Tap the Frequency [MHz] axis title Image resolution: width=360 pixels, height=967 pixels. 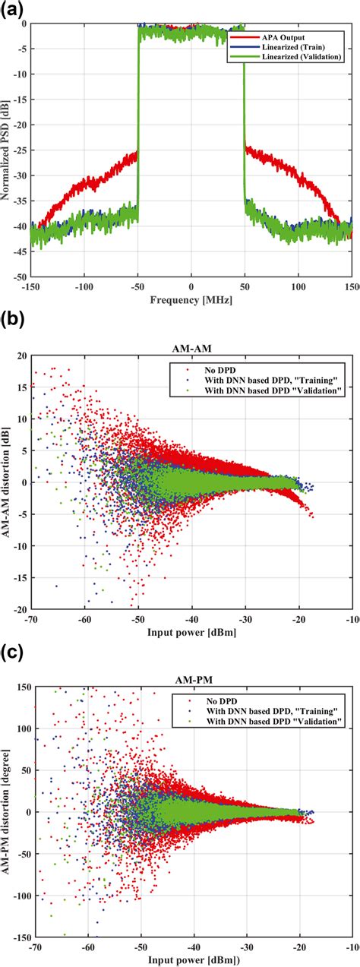point(191,301)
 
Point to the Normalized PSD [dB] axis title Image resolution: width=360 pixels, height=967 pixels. point(7,152)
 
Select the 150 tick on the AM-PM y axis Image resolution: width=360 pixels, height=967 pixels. point(21,687)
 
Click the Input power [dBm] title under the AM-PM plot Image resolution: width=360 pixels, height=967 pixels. point(191,959)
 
